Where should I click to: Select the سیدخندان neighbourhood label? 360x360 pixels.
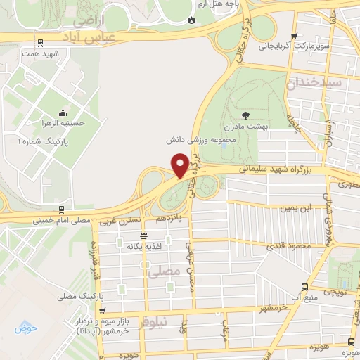[323, 82]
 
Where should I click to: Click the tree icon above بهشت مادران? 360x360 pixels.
[245, 115]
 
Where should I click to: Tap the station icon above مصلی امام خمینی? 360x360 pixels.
[61, 209]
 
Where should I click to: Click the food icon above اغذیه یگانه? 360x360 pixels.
[143, 236]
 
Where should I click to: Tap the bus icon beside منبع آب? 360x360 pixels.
[304, 287]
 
